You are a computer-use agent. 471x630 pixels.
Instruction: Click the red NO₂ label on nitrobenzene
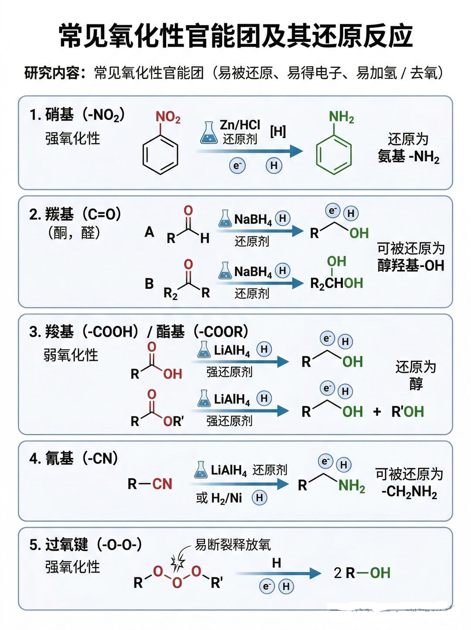pyautogui.click(x=168, y=117)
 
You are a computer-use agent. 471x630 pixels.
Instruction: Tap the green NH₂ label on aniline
pyautogui.click(x=341, y=117)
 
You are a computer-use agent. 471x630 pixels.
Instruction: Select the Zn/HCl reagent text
pyautogui.click(x=239, y=125)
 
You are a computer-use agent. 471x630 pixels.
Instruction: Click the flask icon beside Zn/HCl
pyautogui.click(x=208, y=133)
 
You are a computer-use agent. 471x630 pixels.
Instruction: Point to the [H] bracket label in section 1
pyautogui.click(x=278, y=131)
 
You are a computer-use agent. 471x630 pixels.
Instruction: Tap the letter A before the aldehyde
pyautogui.click(x=149, y=232)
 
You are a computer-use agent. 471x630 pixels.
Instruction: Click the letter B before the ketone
pyautogui.click(x=149, y=284)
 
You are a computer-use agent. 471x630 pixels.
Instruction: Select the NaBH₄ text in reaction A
pyautogui.click(x=253, y=220)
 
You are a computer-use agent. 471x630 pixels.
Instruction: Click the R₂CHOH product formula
pyautogui.click(x=336, y=284)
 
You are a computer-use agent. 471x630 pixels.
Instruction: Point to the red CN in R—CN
pyautogui.click(x=162, y=484)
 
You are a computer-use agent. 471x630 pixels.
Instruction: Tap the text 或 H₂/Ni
pyautogui.click(x=219, y=498)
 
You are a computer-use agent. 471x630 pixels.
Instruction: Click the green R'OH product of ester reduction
pyautogui.click(x=408, y=412)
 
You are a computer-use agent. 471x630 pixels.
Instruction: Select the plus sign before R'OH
pyautogui.click(x=377, y=412)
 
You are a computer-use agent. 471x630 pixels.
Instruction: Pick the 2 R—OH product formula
pyautogui.click(x=362, y=573)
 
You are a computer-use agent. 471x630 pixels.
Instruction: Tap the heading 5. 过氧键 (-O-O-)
pyautogui.click(x=85, y=545)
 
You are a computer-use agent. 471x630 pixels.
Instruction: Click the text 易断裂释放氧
pyautogui.click(x=233, y=545)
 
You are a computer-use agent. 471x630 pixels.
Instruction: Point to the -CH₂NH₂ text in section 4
pyautogui.click(x=409, y=492)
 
